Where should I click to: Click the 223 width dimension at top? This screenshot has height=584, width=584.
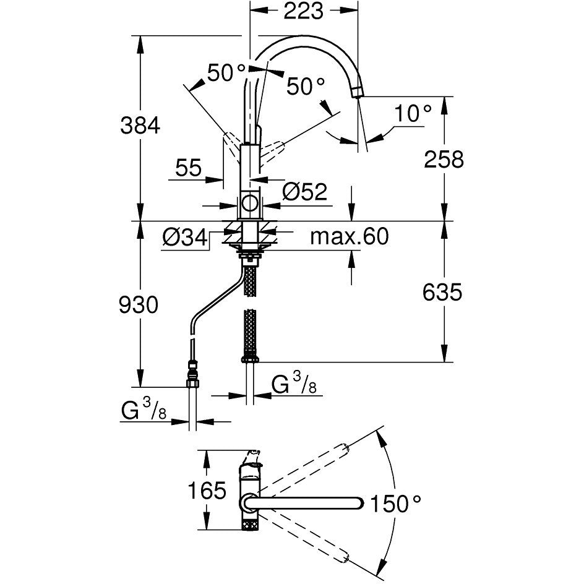pos(303,11)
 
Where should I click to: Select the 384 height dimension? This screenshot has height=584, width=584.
pos(139,126)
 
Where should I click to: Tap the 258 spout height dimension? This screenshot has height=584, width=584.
pos(443,160)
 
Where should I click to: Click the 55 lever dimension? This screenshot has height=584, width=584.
pos(189,168)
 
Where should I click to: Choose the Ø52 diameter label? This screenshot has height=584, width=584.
pos(304,192)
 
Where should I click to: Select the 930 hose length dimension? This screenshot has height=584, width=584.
pos(139,304)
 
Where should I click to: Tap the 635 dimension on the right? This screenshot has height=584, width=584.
pos(442,292)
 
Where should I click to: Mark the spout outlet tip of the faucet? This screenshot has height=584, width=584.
pos(356,92)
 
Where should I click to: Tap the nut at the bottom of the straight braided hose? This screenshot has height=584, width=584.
pos(250,357)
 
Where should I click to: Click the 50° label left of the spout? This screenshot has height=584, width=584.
pos(226,74)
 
